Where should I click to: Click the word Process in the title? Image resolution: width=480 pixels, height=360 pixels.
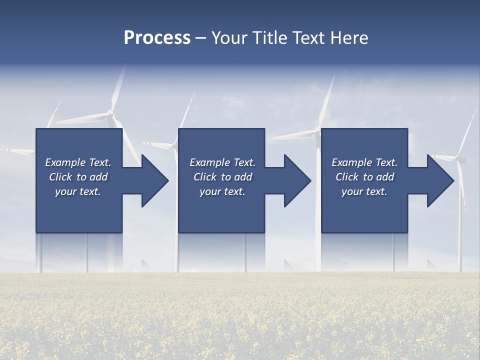[157, 38]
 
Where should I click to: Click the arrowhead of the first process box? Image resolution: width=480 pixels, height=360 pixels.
[155, 180]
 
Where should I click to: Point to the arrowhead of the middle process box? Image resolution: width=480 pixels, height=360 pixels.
[297, 180]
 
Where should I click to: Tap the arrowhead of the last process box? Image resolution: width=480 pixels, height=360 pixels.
[440, 180]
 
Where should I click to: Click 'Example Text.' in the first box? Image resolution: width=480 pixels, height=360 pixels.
[78, 162]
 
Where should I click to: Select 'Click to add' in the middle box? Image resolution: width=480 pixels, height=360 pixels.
[222, 177]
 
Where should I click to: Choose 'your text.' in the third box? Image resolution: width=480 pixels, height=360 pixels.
[364, 191]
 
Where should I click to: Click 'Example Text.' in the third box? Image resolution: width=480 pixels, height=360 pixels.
[364, 162]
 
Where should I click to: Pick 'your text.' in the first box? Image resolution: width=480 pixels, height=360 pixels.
[78, 191]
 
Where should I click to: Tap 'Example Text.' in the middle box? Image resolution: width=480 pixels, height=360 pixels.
[222, 162]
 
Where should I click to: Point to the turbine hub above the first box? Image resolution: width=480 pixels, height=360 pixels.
[111, 116]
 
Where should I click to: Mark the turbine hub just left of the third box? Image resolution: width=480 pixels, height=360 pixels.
[317, 132]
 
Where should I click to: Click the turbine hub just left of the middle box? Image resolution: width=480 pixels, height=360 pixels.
[174, 146]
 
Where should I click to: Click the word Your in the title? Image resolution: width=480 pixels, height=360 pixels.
[230, 38]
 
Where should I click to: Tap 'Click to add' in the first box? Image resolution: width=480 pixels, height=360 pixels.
[78, 177]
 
